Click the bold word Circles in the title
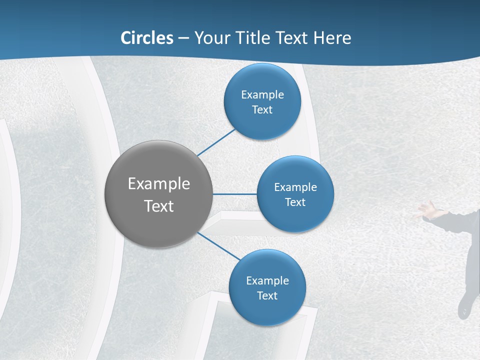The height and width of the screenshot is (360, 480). (x=147, y=37)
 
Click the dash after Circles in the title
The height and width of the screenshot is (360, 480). (x=183, y=38)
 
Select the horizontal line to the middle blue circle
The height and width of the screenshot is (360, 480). (x=234, y=194)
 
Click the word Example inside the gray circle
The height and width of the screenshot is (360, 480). (x=158, y=183)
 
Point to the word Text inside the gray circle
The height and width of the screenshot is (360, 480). (x=158, y=206)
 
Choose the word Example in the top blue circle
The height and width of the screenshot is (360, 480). (x=262, y=94)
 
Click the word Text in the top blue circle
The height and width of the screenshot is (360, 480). (x=262, y=109)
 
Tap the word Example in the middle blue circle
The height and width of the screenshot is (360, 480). (x=295, y=187)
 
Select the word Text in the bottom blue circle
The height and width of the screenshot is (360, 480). (x=267, y=295)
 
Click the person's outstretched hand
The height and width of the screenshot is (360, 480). (x=425, y=210)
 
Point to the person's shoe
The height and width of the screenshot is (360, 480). (x=464, y=306)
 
